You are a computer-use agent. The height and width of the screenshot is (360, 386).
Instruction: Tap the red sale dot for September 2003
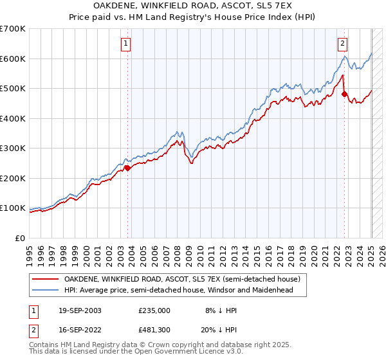point(127,168)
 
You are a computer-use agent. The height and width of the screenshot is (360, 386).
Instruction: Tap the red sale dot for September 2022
point(344,94)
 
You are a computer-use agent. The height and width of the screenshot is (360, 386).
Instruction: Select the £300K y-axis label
point(13,148)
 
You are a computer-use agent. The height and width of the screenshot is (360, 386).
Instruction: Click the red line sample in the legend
point(46,280)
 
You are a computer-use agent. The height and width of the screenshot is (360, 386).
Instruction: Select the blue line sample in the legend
point(46,290)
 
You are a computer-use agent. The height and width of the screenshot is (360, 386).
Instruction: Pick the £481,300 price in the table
point(154,330)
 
